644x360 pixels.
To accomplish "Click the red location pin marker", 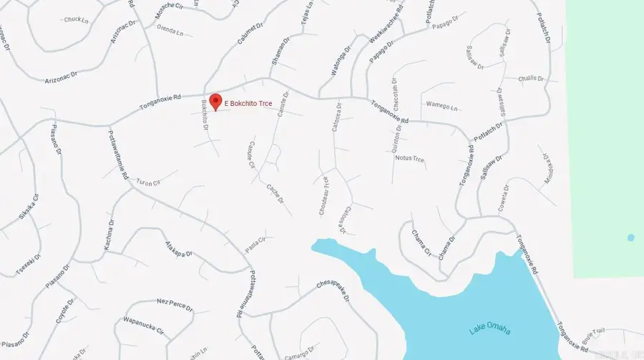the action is click(214, 100).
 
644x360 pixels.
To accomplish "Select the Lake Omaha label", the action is click(490, 330).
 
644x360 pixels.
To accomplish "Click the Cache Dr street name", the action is click(275, 194).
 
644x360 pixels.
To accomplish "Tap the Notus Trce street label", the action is click(410, 158).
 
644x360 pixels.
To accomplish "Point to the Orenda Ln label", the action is click(170, 32).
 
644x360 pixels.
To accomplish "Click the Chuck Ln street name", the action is click(75, 19).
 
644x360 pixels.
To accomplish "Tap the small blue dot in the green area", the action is click(630, 238).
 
